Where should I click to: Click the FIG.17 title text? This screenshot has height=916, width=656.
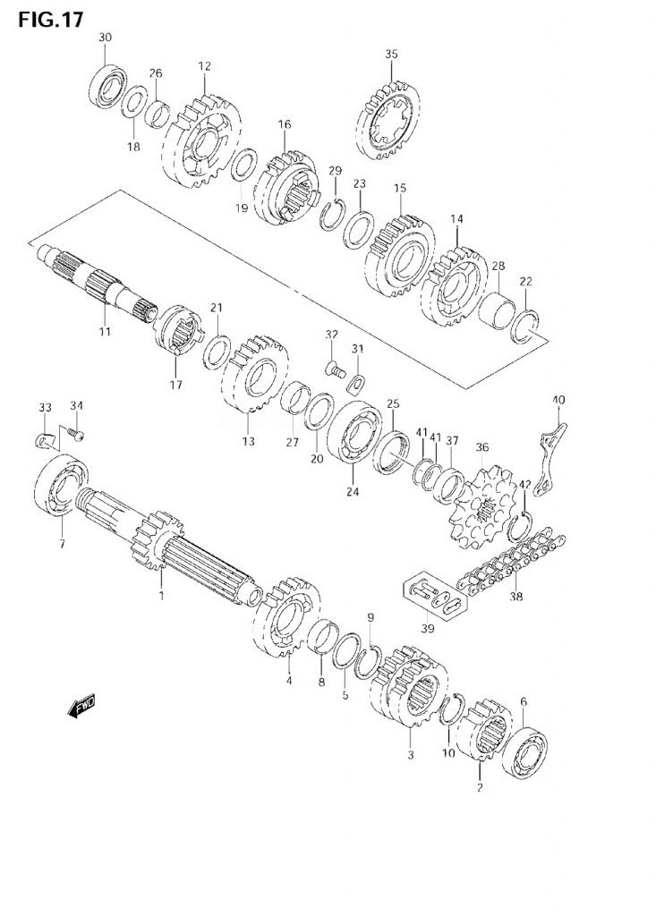pos(50,19)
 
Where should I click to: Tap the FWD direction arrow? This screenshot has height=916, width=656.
pos(81,706)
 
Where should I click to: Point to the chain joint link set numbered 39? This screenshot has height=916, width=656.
pos(435,596)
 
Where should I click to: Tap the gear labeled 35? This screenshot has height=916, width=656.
pos(388,121)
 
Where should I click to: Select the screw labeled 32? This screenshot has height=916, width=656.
pos(336,369)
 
